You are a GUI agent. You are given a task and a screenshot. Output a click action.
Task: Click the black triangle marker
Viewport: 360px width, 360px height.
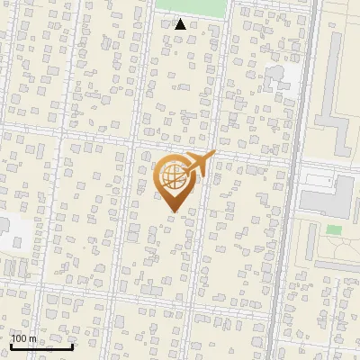pos(180,24)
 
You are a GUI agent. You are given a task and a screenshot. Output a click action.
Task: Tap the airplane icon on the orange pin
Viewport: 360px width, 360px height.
pos(194,164)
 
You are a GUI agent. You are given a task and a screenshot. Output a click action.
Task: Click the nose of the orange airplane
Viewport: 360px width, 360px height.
pos(214,154)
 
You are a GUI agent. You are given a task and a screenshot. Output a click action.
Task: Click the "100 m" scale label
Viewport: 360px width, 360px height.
pos(23,338)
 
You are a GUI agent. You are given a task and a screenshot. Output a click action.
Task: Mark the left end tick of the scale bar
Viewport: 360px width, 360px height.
pos(11,346)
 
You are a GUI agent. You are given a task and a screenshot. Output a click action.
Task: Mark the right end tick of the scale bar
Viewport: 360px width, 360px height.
pos(73,346)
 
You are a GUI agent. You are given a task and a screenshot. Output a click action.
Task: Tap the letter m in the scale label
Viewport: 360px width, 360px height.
pos(33,338)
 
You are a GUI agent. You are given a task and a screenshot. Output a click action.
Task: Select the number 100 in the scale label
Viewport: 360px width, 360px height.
pos(19,338)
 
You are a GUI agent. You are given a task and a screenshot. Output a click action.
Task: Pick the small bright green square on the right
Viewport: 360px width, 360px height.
pos(334,230)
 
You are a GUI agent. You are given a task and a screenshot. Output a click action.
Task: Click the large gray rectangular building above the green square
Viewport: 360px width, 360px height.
pos(326,195)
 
